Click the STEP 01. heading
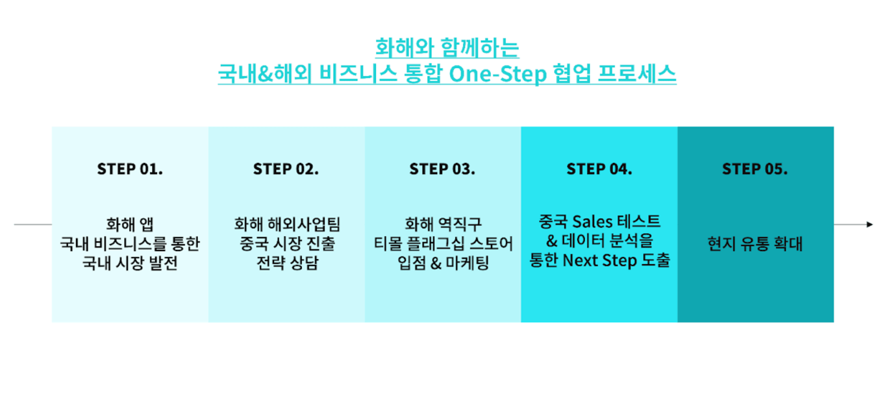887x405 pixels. [x=130, y=169]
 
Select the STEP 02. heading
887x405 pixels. [x=286, y=169]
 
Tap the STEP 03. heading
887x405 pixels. [x=442, y=169]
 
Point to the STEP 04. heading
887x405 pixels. [x=599, y=169]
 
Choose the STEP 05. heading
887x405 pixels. [x=755, y=169]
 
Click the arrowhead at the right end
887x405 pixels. [x=869, y=225]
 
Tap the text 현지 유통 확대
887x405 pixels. [x=755, y=245]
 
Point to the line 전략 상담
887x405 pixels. [x=286, y=264]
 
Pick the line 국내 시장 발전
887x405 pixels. [x=130, y=264]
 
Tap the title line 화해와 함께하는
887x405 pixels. [x=447, y=47]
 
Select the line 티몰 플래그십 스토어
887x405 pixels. [x=443, y=245]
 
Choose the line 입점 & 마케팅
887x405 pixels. [x=443, y=264]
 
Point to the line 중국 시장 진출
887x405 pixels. [x=286, y=245]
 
